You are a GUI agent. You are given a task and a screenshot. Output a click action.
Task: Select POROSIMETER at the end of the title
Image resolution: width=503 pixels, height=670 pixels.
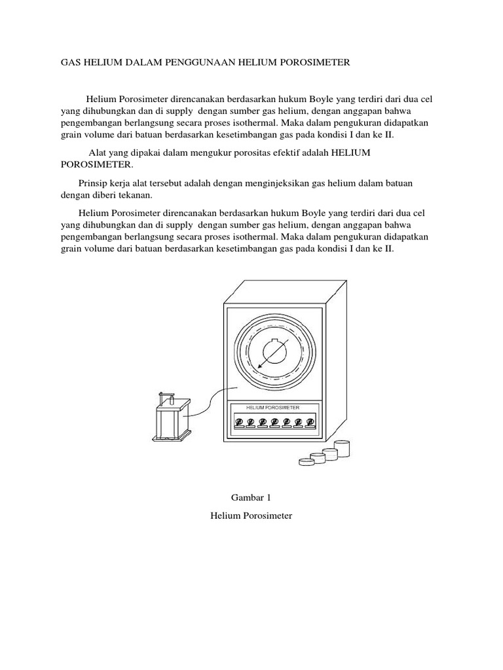(318, 63)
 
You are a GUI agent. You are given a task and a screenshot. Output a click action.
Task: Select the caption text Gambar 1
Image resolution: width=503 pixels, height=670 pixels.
(251, 497)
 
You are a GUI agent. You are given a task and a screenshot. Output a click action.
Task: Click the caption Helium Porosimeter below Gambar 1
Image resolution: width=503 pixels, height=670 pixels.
(251, 516)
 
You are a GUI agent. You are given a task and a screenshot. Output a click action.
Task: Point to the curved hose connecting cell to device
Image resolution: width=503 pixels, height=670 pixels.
(210, 399)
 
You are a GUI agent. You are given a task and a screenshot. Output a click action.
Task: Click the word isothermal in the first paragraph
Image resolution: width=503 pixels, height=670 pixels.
(277, 123)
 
